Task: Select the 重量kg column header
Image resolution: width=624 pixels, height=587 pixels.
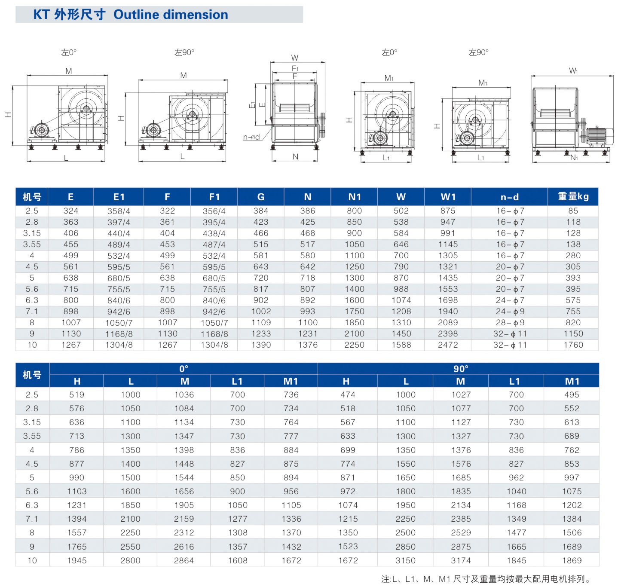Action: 573,196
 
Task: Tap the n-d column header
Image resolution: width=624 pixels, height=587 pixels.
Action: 509,197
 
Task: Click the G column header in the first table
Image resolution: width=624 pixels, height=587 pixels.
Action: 260,197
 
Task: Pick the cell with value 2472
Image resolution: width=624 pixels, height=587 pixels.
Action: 448,345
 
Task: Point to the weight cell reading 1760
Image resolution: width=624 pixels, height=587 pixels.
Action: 573,345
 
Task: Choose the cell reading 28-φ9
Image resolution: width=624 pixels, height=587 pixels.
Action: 510,322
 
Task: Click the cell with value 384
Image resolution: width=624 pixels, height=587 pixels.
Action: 260,211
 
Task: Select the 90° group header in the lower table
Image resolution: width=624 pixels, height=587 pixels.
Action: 461,369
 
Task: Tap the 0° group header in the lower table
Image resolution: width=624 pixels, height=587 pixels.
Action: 184,369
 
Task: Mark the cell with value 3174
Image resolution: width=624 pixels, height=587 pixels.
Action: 461,560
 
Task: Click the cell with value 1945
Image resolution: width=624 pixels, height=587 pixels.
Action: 76,560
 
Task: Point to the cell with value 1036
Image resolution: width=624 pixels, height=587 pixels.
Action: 184,394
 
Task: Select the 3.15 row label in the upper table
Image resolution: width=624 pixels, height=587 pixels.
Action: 32,233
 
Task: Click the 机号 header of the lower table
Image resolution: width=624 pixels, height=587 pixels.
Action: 32,375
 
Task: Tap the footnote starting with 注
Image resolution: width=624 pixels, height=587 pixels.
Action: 486,579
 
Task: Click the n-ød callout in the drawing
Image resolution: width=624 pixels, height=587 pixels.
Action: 251,137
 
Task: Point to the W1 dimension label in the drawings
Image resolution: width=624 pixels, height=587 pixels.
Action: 573,71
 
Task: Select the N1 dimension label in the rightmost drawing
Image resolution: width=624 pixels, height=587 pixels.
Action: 574,157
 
